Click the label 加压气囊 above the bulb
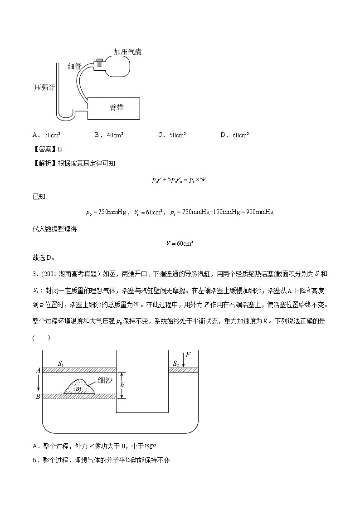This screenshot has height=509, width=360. tap(128, 52)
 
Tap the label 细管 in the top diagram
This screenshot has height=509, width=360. tap(74, 66)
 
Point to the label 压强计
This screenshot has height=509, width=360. tap(44, 87)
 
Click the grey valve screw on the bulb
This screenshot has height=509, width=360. tap(99, 62)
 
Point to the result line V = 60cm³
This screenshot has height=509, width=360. tap(180, 243)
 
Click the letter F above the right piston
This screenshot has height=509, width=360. tap(188, 354)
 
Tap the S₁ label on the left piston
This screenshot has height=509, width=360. tap(62, 364)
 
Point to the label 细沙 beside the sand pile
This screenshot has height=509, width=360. tap(105, 381)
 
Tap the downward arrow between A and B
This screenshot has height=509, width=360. tap(39, 383)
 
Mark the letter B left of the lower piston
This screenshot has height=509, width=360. tap(38, 397)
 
